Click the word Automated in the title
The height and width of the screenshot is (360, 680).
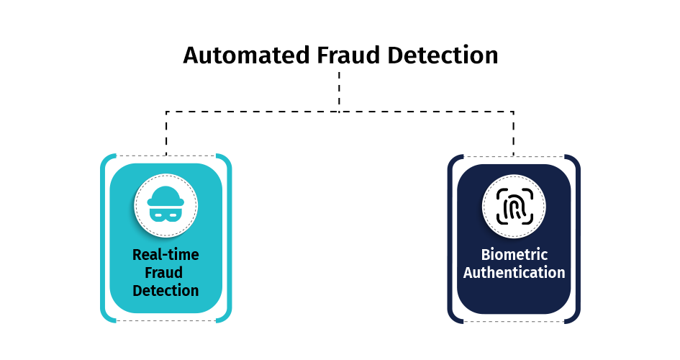tap(246, 55)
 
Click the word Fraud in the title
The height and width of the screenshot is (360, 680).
tap(348, 55)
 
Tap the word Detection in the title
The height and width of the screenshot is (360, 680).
tap(443, 55)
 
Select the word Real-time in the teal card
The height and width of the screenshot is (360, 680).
tap(166, 255)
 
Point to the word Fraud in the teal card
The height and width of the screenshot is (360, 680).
tap(163, 273)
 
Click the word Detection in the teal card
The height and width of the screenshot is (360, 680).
tap(166, 291)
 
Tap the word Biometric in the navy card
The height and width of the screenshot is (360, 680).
tap(514, 255)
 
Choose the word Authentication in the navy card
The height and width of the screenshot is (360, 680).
tap(514, 273)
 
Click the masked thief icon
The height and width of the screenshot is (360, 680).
tap(166, 204)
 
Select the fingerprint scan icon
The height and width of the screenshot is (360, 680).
tap(514, 207)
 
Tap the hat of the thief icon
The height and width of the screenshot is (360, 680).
tap(166, 196)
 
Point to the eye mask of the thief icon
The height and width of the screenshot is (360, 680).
tap(166, 215)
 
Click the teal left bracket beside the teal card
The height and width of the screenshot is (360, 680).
tap(103, 238)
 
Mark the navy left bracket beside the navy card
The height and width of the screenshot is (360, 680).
tap(450, 239)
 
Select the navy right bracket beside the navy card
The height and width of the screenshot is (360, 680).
tap(578, 239)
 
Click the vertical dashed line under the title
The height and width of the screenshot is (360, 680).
tap(339, 91)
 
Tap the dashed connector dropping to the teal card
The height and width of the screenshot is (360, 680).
tap(166, 133)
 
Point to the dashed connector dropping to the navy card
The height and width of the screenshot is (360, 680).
tap(514, 134)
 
